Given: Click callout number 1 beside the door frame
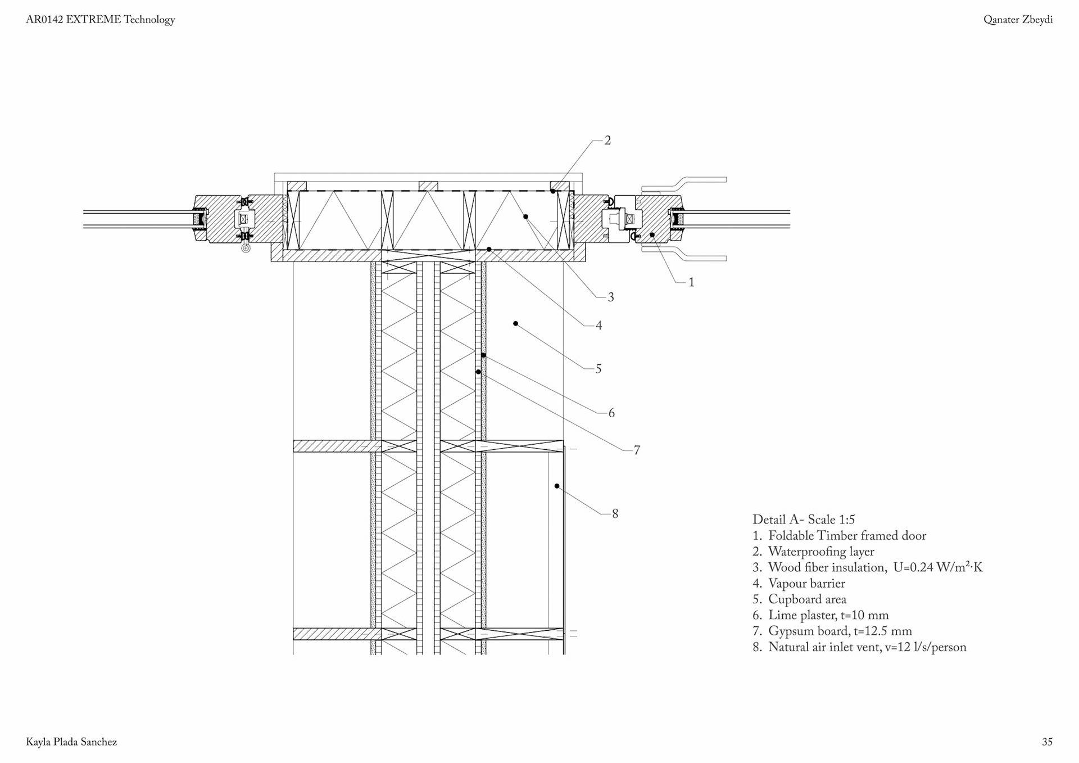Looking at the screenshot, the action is pyautogui.click(x=691, y=282).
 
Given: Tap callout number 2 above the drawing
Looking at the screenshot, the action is pyautogui.click(x=607, y=141).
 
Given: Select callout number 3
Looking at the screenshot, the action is pyautogui.click(x=611, y=297).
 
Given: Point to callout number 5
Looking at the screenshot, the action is pyautogui.click(x=599, y=369).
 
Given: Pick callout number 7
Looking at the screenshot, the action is pyautogui.click(x=637, y=450).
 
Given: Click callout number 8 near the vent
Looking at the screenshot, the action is pyautogui.click(x=615, y=514).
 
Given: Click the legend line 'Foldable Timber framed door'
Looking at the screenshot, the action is pyautogui.click(x=847, y=536).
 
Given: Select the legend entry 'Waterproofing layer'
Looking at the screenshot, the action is pyautogui.click(x=821, y=552).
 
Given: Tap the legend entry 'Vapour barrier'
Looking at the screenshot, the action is pyautogui.click(x=806, y=584).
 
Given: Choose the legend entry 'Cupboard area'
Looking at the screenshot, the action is pyautogui.click(x=807, y=599).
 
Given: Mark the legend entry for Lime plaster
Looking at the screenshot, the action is pyautogui.click(x=828, y=615).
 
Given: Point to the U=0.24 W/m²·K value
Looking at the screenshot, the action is pyautogui.click(x=937, y=567).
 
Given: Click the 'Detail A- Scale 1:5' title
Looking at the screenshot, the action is pyautogui.click(x=804, y=520).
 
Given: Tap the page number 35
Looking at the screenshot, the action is pyautogui.click(x=1047, y=742).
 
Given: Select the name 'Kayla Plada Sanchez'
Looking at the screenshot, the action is pyautogui.click(x=71, y=742).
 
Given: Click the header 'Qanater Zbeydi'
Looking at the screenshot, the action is pyautogui.click(x=1018, y=20).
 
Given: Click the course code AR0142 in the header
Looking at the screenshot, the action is pyautogui.click(x=44, y=20).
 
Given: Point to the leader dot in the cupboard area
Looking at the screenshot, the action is pyautogui.click(x=515, y=324).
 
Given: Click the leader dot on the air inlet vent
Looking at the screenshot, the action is pyautogui.click(x=557, y=486).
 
